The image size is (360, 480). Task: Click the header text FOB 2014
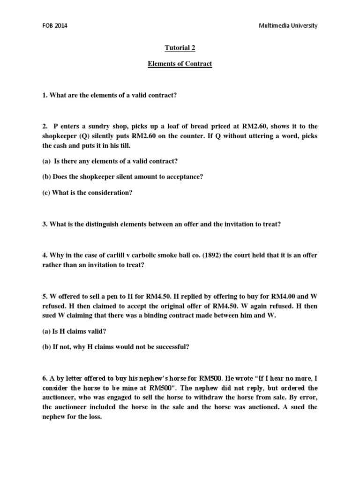coord(55,26)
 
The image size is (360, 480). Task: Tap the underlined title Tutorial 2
coord(180,47)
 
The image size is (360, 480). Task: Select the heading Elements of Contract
coord(180,63)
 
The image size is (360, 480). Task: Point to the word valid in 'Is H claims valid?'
coord(97,331)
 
